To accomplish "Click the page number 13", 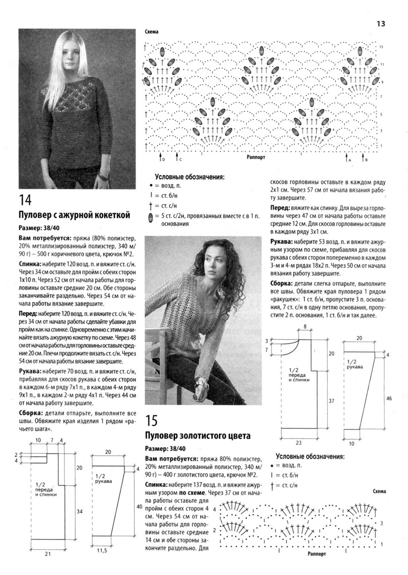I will point(381,24).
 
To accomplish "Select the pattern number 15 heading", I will point(152,420).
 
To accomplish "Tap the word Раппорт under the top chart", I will point(256,157).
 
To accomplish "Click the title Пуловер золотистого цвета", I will point(198,436).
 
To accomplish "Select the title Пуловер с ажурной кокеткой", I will point(74,215).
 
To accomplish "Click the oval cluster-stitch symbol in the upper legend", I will point(150,217).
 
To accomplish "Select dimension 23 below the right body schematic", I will point(299,443).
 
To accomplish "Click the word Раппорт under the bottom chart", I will point(317,554).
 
